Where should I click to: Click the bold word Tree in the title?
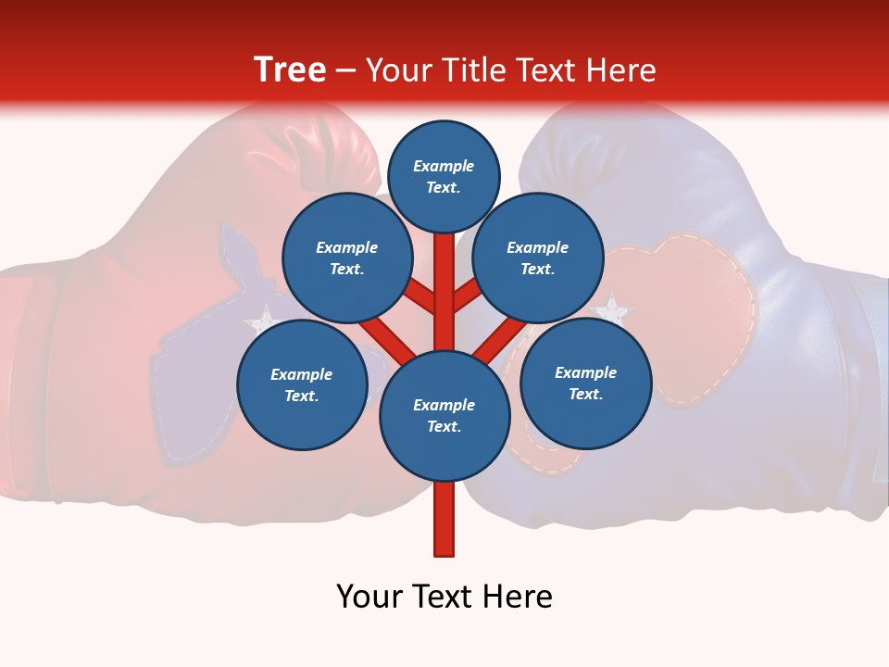click(290, 70)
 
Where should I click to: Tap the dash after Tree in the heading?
click(345, 71)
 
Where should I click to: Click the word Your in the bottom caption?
click(370, 597)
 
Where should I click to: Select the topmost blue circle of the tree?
click(444, 177)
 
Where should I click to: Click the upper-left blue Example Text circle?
click(347, 258)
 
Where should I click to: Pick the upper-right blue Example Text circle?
click(538, 258)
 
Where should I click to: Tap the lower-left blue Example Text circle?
click(302, 384)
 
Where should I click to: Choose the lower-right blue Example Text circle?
click(585, 383)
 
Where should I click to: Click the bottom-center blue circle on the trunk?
click(444, 416)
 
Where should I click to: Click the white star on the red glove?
click(262, 319)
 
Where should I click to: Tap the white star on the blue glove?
click(611, 308)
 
